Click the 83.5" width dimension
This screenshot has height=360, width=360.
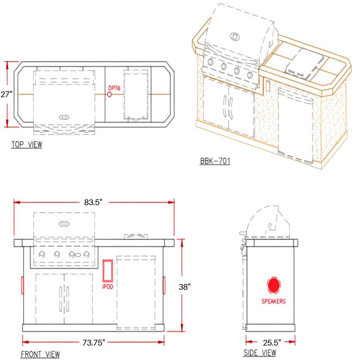point(93,202)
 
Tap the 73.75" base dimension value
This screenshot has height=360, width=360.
point(94,342)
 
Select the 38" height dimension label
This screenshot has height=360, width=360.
point(185,287)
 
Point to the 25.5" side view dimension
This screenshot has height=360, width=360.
point(272,342)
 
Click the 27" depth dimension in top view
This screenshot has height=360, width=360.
point(6,94)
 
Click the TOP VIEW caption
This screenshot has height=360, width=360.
point(27,144)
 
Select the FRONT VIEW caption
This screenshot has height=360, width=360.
point(40,354)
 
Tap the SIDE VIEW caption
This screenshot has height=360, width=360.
point(260,353)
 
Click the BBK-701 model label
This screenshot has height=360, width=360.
point(215,161)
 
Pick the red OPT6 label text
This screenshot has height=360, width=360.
point(114,88)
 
